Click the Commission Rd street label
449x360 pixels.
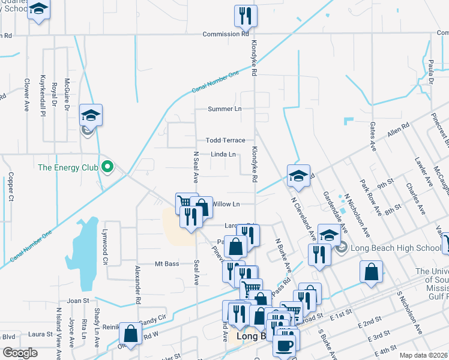pos(225,34)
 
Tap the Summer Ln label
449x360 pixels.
pos(224,109)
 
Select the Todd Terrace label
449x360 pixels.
pos(225,140)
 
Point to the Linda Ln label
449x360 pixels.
pos(223,154)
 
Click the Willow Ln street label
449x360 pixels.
pos(226,204)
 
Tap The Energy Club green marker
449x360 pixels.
pos(107,167)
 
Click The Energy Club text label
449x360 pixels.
pos(68,167)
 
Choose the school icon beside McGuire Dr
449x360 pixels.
pos(91,114)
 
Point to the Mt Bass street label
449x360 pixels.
pos(167,263)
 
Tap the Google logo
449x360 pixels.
pos(20,353)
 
